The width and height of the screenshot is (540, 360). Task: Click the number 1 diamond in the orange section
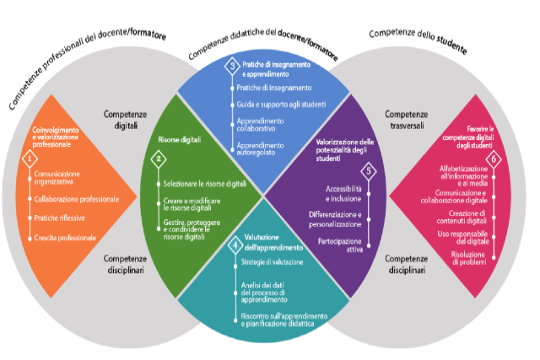[32, 158]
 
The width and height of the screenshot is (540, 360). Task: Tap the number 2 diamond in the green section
[157, 159]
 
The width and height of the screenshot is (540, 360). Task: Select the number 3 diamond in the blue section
[232, 66]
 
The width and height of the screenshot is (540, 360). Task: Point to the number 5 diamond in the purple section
[368, 169]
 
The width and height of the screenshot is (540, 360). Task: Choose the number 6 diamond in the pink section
[494, 159]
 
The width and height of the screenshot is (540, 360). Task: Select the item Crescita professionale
[66, 239]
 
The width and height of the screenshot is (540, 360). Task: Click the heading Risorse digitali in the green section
[179, 139]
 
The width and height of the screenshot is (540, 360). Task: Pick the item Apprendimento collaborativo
[266, 125]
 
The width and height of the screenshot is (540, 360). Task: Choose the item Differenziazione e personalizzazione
[337, 219]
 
